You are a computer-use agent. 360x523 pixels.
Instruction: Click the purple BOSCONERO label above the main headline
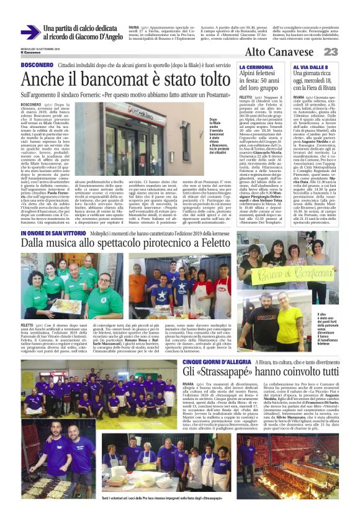(37, 65)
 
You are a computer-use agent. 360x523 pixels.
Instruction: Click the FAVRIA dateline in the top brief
(133, 28)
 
